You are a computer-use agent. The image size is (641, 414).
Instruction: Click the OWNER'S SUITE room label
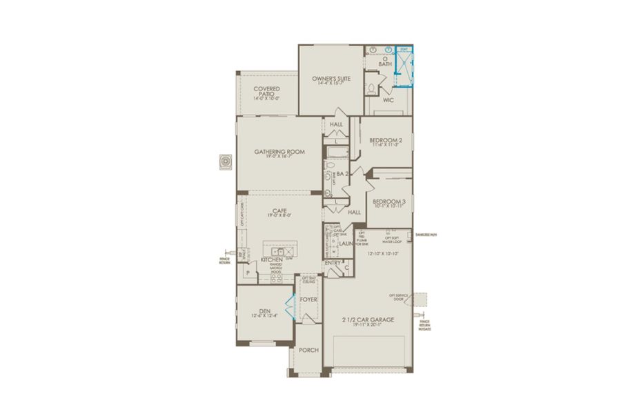pyautogui.click(x=332, y=79)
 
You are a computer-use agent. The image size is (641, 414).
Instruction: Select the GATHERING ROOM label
pyautogui.click(x=279, y=152)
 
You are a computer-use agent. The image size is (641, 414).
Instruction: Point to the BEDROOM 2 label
pyautogui.click(x=386, y=139)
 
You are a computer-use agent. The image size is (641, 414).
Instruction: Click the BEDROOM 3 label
pyautogui.click(x=389, y=201)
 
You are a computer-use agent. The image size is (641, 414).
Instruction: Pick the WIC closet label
pyautogui.click(x=388, y=100)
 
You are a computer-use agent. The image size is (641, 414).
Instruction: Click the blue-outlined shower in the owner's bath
pyautogui.click(x=404, y=68)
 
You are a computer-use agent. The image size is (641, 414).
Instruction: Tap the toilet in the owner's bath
pyautogui.click(x=373, y=88)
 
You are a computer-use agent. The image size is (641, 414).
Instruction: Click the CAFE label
pyautogui.click(x=279, y=211)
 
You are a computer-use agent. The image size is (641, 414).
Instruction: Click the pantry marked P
pyautogui.click(x=247, y=273)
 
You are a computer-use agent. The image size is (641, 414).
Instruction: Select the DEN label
pyautogui.click(x=264, y=310)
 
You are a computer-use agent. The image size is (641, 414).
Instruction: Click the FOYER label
pyautogui.click(x=308, y=299)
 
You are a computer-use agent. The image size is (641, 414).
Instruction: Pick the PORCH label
pyautogui.click(x=308, y=350)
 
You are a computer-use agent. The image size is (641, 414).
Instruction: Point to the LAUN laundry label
pyautogui.click(x=346, y=244)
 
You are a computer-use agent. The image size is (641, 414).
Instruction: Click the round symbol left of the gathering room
pyautogui.click(x=225, y=161)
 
